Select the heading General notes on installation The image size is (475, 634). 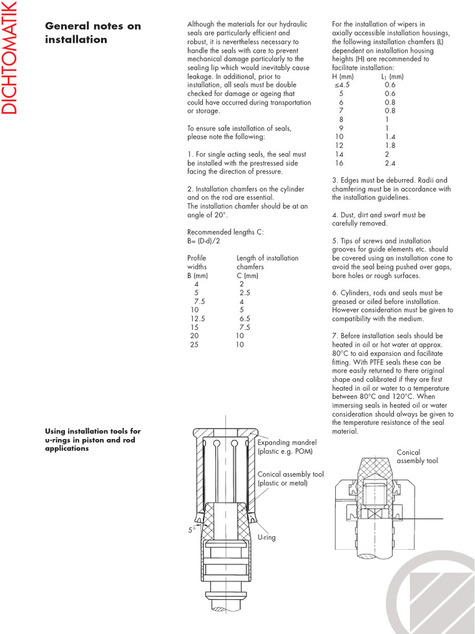(93, 33)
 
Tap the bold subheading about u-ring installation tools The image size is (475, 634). (93, 440)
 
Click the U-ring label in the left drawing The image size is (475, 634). (267, 537)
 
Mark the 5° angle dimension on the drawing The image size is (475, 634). (192, 530)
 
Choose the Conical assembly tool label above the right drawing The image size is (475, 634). (417, 457)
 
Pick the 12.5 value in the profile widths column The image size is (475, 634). (197, 318)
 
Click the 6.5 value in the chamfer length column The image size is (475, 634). (244, 318)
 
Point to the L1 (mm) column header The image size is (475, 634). (392, 76)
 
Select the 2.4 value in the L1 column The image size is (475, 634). (390, 163)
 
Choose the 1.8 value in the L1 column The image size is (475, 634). (390, 145)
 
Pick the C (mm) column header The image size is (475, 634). (247, 275)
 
